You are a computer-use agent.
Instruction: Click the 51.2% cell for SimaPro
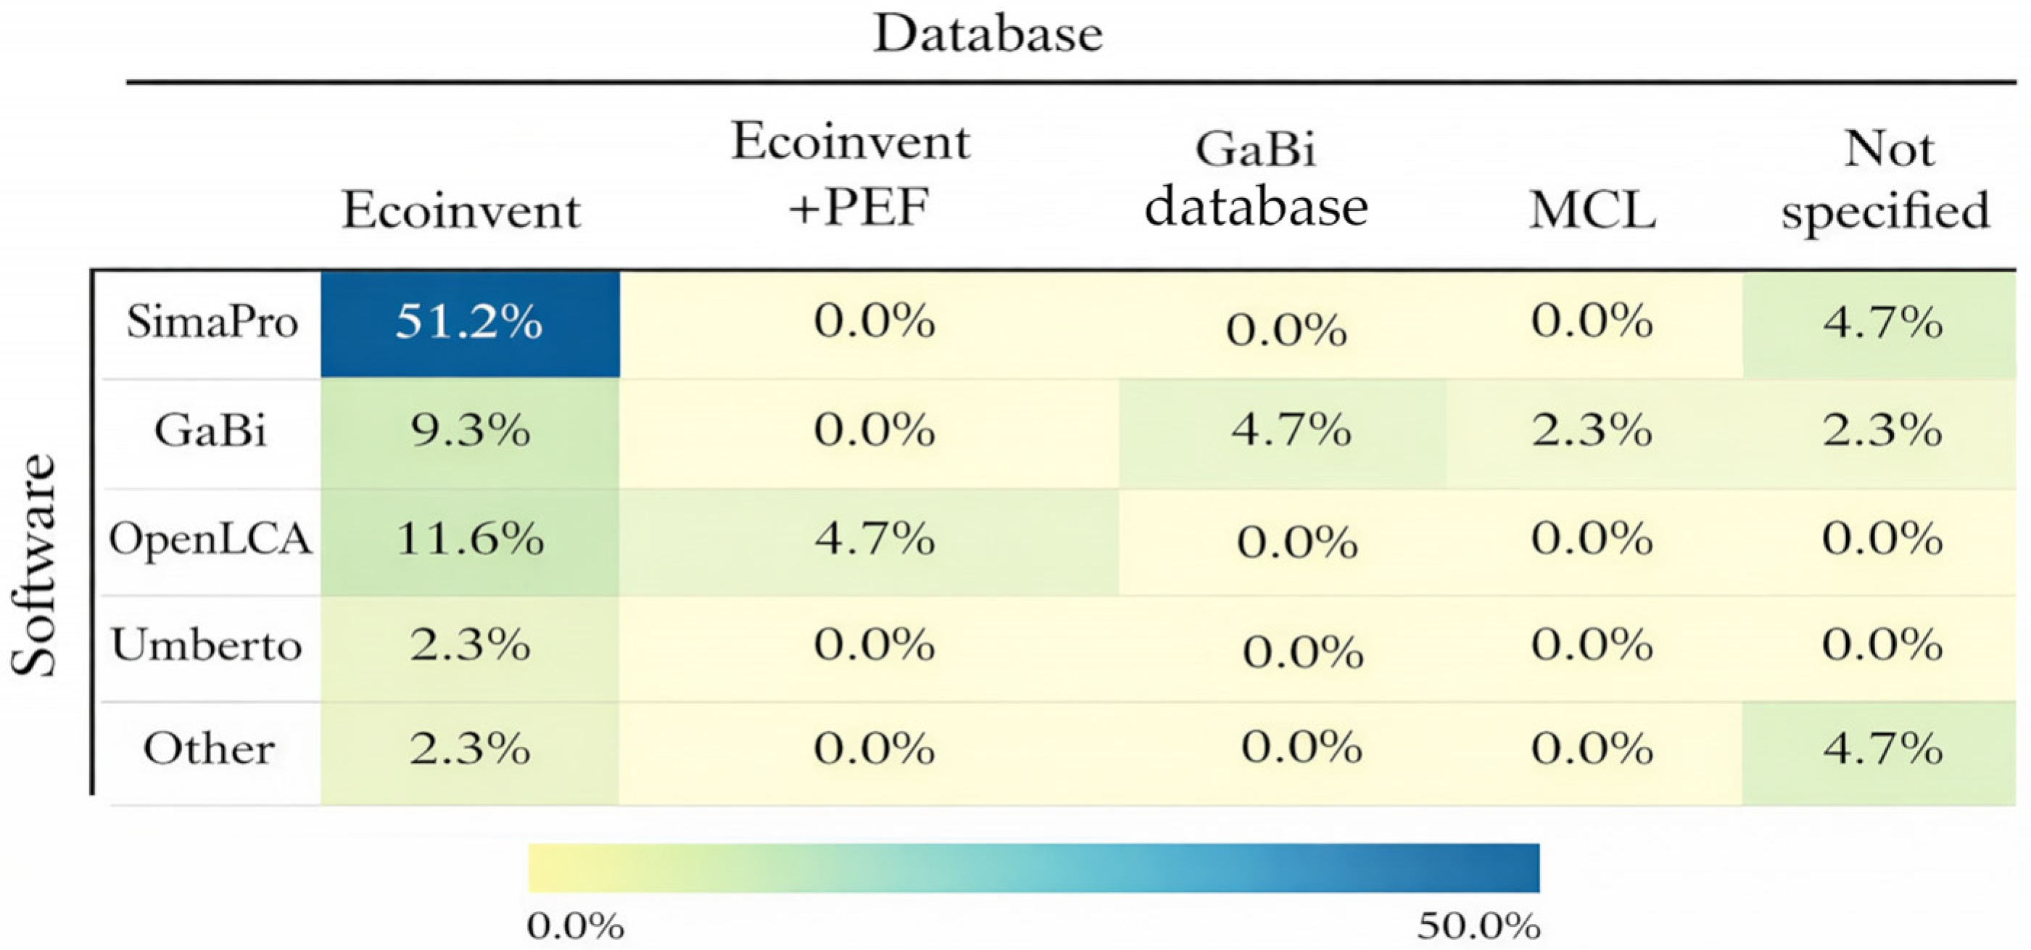[x=470, y=324]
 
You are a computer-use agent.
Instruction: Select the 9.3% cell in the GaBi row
[x=470, y=432]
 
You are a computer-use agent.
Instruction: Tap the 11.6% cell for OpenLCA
[x=470, y=541]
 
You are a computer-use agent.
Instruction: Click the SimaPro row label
[x=212, y=323]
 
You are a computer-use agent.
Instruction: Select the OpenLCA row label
[x=210, y=540]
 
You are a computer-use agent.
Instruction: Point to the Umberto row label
[x=207, y=645]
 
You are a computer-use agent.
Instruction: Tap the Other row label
[x=209, y=749]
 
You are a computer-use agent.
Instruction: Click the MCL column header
[x=1592, y=211]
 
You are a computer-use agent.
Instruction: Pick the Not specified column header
[x=1885, y=181]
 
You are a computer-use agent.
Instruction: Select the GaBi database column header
[x=1256, y=180]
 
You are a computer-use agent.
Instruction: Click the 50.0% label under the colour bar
[x=1478, y=926]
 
